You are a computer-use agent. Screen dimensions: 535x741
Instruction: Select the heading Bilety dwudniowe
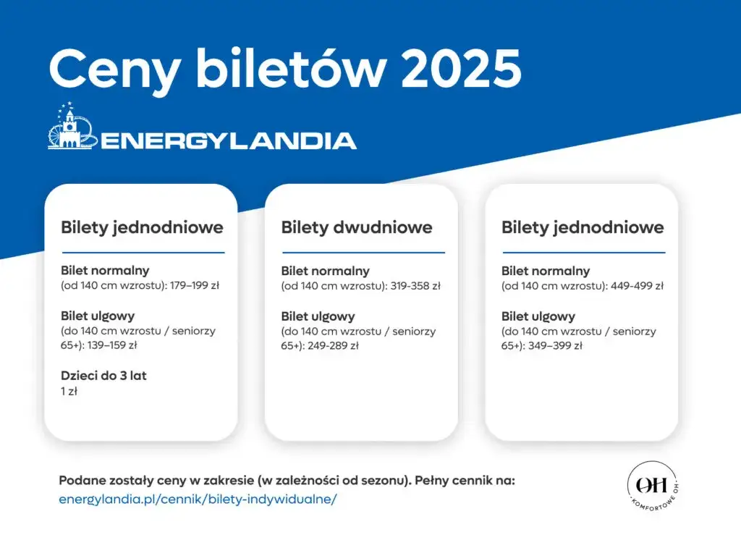click(x=356, y=227)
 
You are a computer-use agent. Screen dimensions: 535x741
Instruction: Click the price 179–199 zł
click(x=194, y=285)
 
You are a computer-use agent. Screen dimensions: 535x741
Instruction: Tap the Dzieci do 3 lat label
click(x=103, y=376)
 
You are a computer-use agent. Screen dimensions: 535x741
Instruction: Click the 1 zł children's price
click(x=69, y=391)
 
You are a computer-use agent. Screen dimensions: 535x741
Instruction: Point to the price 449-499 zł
click(x=638, y=286)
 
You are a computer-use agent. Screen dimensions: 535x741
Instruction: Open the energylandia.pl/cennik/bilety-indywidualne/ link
click(x=198, y=499)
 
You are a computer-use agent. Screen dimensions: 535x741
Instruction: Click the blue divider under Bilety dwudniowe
click(x=363, y=253)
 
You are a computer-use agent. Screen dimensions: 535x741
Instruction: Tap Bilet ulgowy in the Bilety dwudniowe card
click(x=318, y=316)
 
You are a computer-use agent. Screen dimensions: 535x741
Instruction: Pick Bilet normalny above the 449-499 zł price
click(x=546, y=271)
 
